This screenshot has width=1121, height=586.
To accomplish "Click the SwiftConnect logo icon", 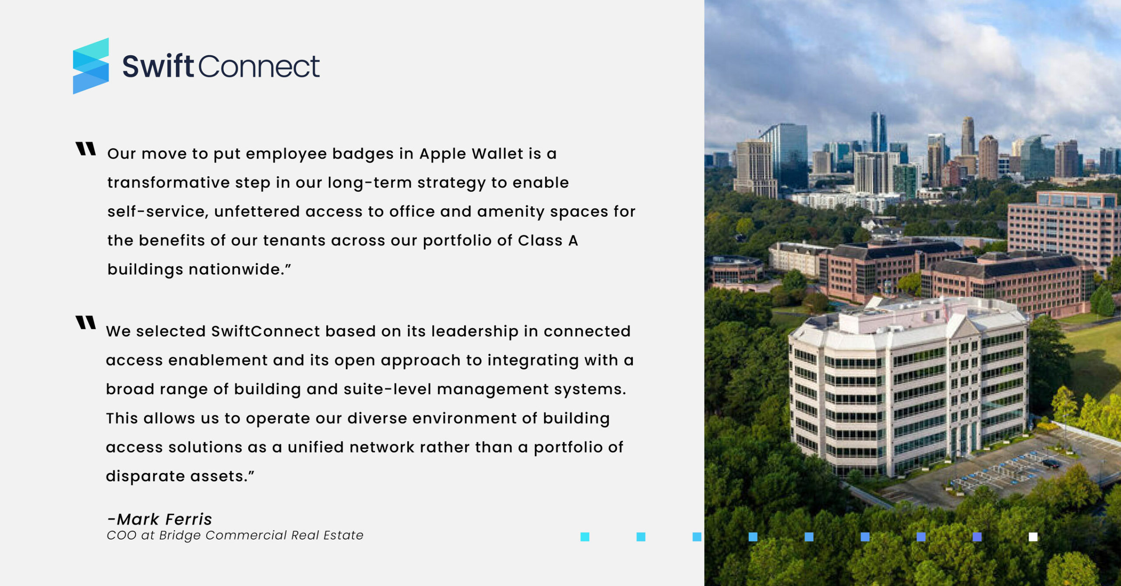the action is [91, 66].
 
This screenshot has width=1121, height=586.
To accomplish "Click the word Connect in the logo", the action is [259, 67].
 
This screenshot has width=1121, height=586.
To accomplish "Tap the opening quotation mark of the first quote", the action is [85, 149].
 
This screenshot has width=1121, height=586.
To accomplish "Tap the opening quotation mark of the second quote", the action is [85, 322].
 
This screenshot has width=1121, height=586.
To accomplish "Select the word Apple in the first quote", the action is [443, 154].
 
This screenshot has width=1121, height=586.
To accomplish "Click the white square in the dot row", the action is [1033, 537].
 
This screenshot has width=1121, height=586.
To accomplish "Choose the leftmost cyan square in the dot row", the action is [585, 537].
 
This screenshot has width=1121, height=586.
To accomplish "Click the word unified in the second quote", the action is [316, 447].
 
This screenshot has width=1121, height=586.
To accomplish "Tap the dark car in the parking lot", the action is [1051, 463].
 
